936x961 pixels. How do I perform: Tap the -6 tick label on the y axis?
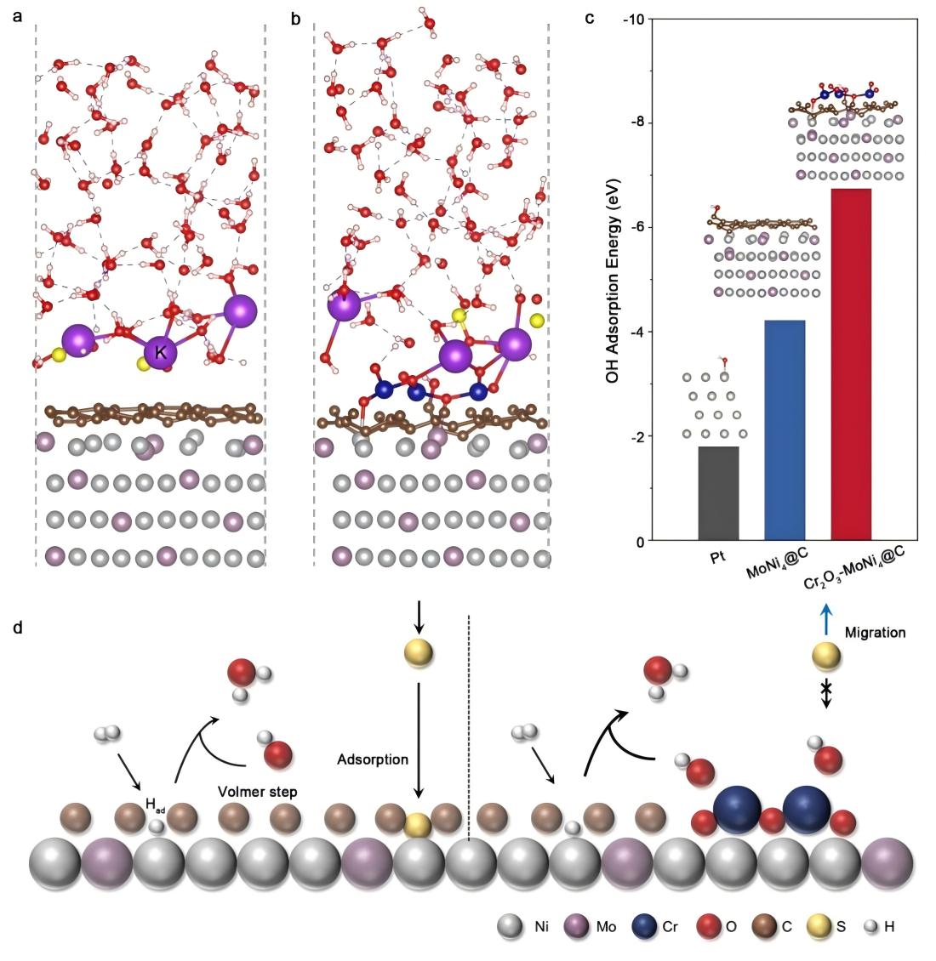(635, 227)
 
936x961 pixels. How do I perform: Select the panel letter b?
(296, 18)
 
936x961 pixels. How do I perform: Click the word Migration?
(876, 633)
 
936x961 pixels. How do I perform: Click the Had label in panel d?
(156, 804)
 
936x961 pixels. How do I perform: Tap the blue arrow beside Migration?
(823, 620)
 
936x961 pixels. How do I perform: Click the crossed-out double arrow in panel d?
(825, 694)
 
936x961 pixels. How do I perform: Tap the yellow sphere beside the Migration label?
(825, 657)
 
